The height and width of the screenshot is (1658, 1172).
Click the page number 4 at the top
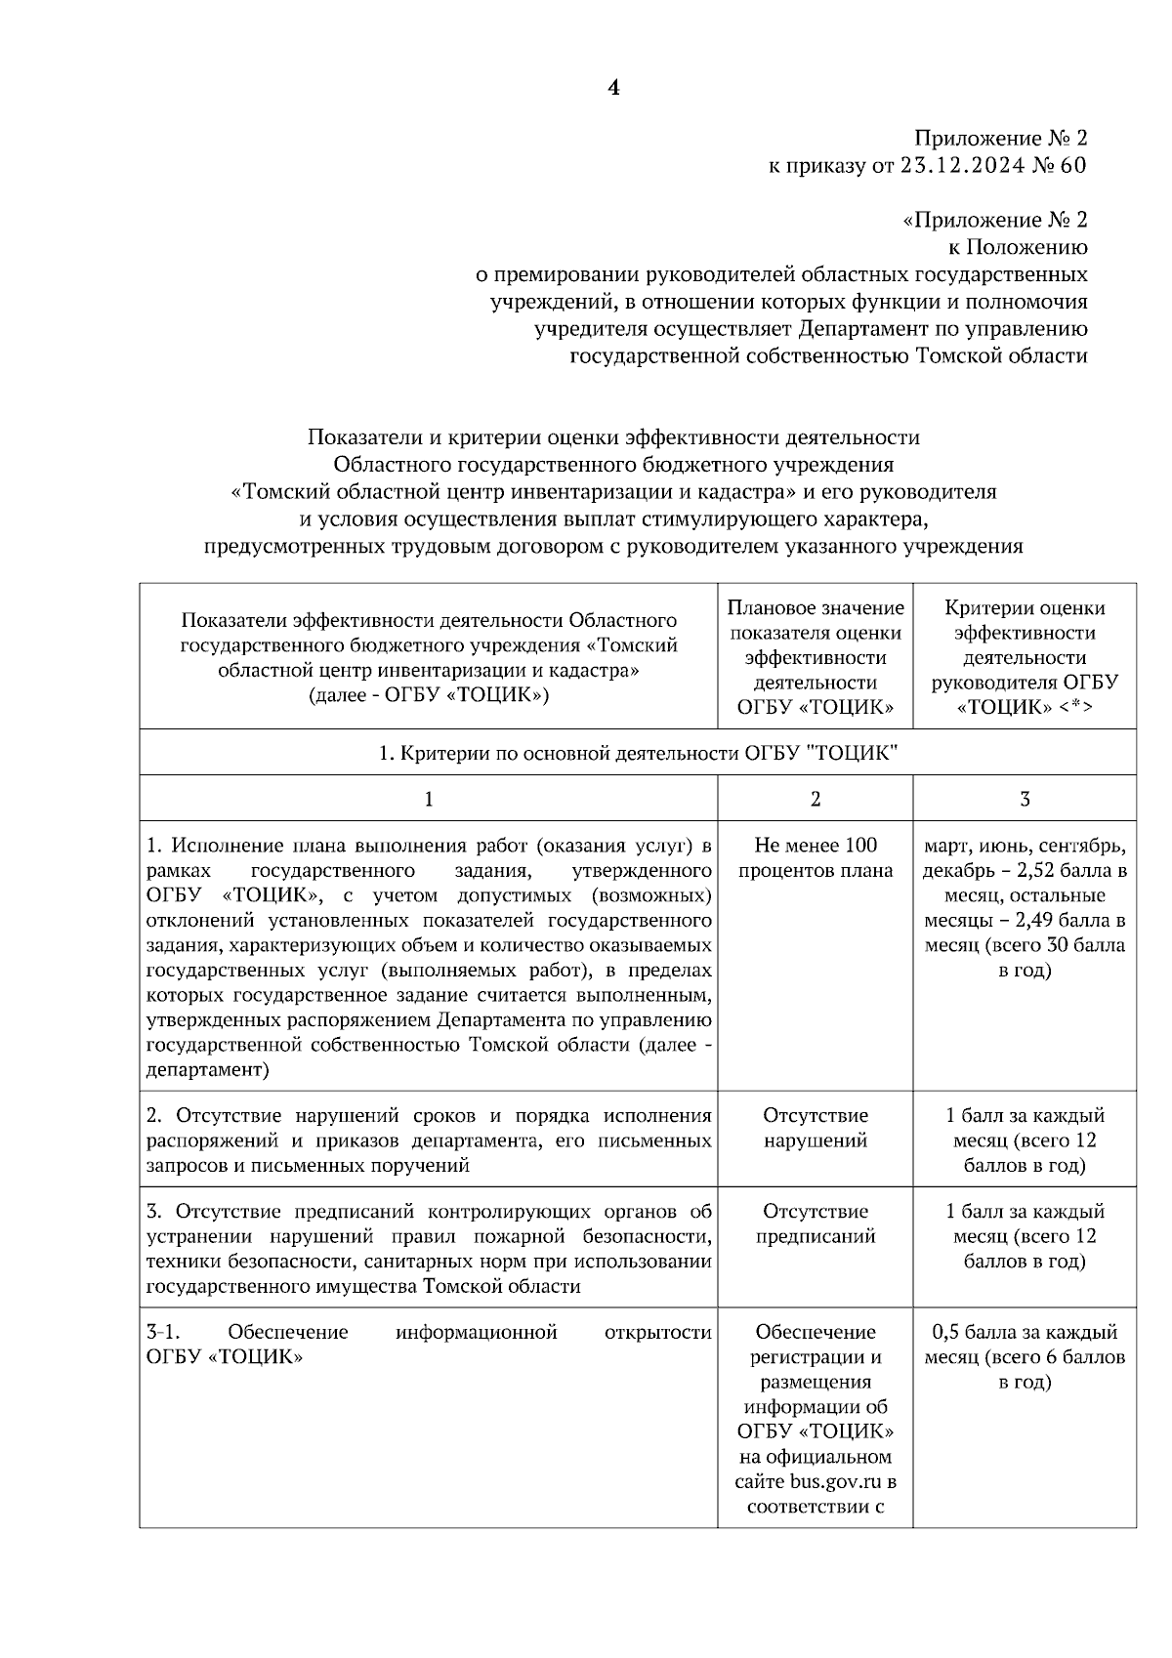(x=613, y=88)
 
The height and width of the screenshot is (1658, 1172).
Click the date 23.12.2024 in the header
(x=962, y=165)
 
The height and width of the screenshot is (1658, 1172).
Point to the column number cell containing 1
(x=428, y=799)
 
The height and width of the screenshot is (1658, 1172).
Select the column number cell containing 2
(x=816, y=799)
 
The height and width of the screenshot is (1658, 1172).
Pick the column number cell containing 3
(x=1025, y=799)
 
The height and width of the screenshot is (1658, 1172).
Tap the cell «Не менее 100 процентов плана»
(x=816, y=857)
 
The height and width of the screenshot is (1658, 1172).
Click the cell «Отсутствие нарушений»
(x=816, y=1128)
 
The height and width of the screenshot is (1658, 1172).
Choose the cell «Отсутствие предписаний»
(x=816, y=1223)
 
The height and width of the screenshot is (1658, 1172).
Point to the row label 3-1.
(x=162, y=1332)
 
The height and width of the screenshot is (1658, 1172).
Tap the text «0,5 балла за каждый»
(x=1025, y=1332)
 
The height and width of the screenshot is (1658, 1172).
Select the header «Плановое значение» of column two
(x=816, y=607)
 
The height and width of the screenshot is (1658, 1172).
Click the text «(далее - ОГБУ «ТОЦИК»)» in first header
(x=428, y=695)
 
